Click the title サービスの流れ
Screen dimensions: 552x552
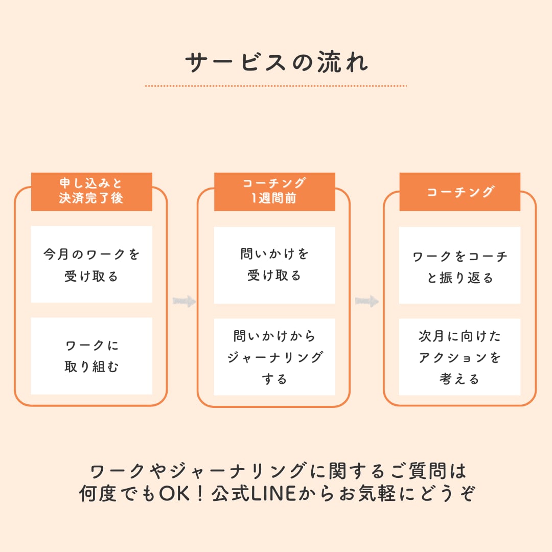click(x=276, y=62)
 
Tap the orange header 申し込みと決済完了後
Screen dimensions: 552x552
click(x=91, y=192)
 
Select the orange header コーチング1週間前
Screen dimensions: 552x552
click(x=274, y=192)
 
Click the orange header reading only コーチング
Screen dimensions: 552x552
click(x=459, y=192)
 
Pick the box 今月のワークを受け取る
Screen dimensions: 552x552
click(x=91, y=264)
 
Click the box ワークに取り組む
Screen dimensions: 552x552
click(x=91, y=356)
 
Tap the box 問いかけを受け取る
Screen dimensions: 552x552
click(x=274, y=265)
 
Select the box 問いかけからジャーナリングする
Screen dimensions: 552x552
click(x=274, y=357)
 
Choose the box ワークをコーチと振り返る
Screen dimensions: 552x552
click(x=459, y=265)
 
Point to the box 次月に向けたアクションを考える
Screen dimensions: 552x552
click(x=459, y=357)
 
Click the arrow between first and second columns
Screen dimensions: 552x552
click(x=184, y=301)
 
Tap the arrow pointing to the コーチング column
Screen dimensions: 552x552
click(x=367, y=302)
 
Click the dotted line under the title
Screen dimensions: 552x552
click(x=276, y=86)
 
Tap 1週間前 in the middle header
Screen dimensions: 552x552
click(x=274, y=199)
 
